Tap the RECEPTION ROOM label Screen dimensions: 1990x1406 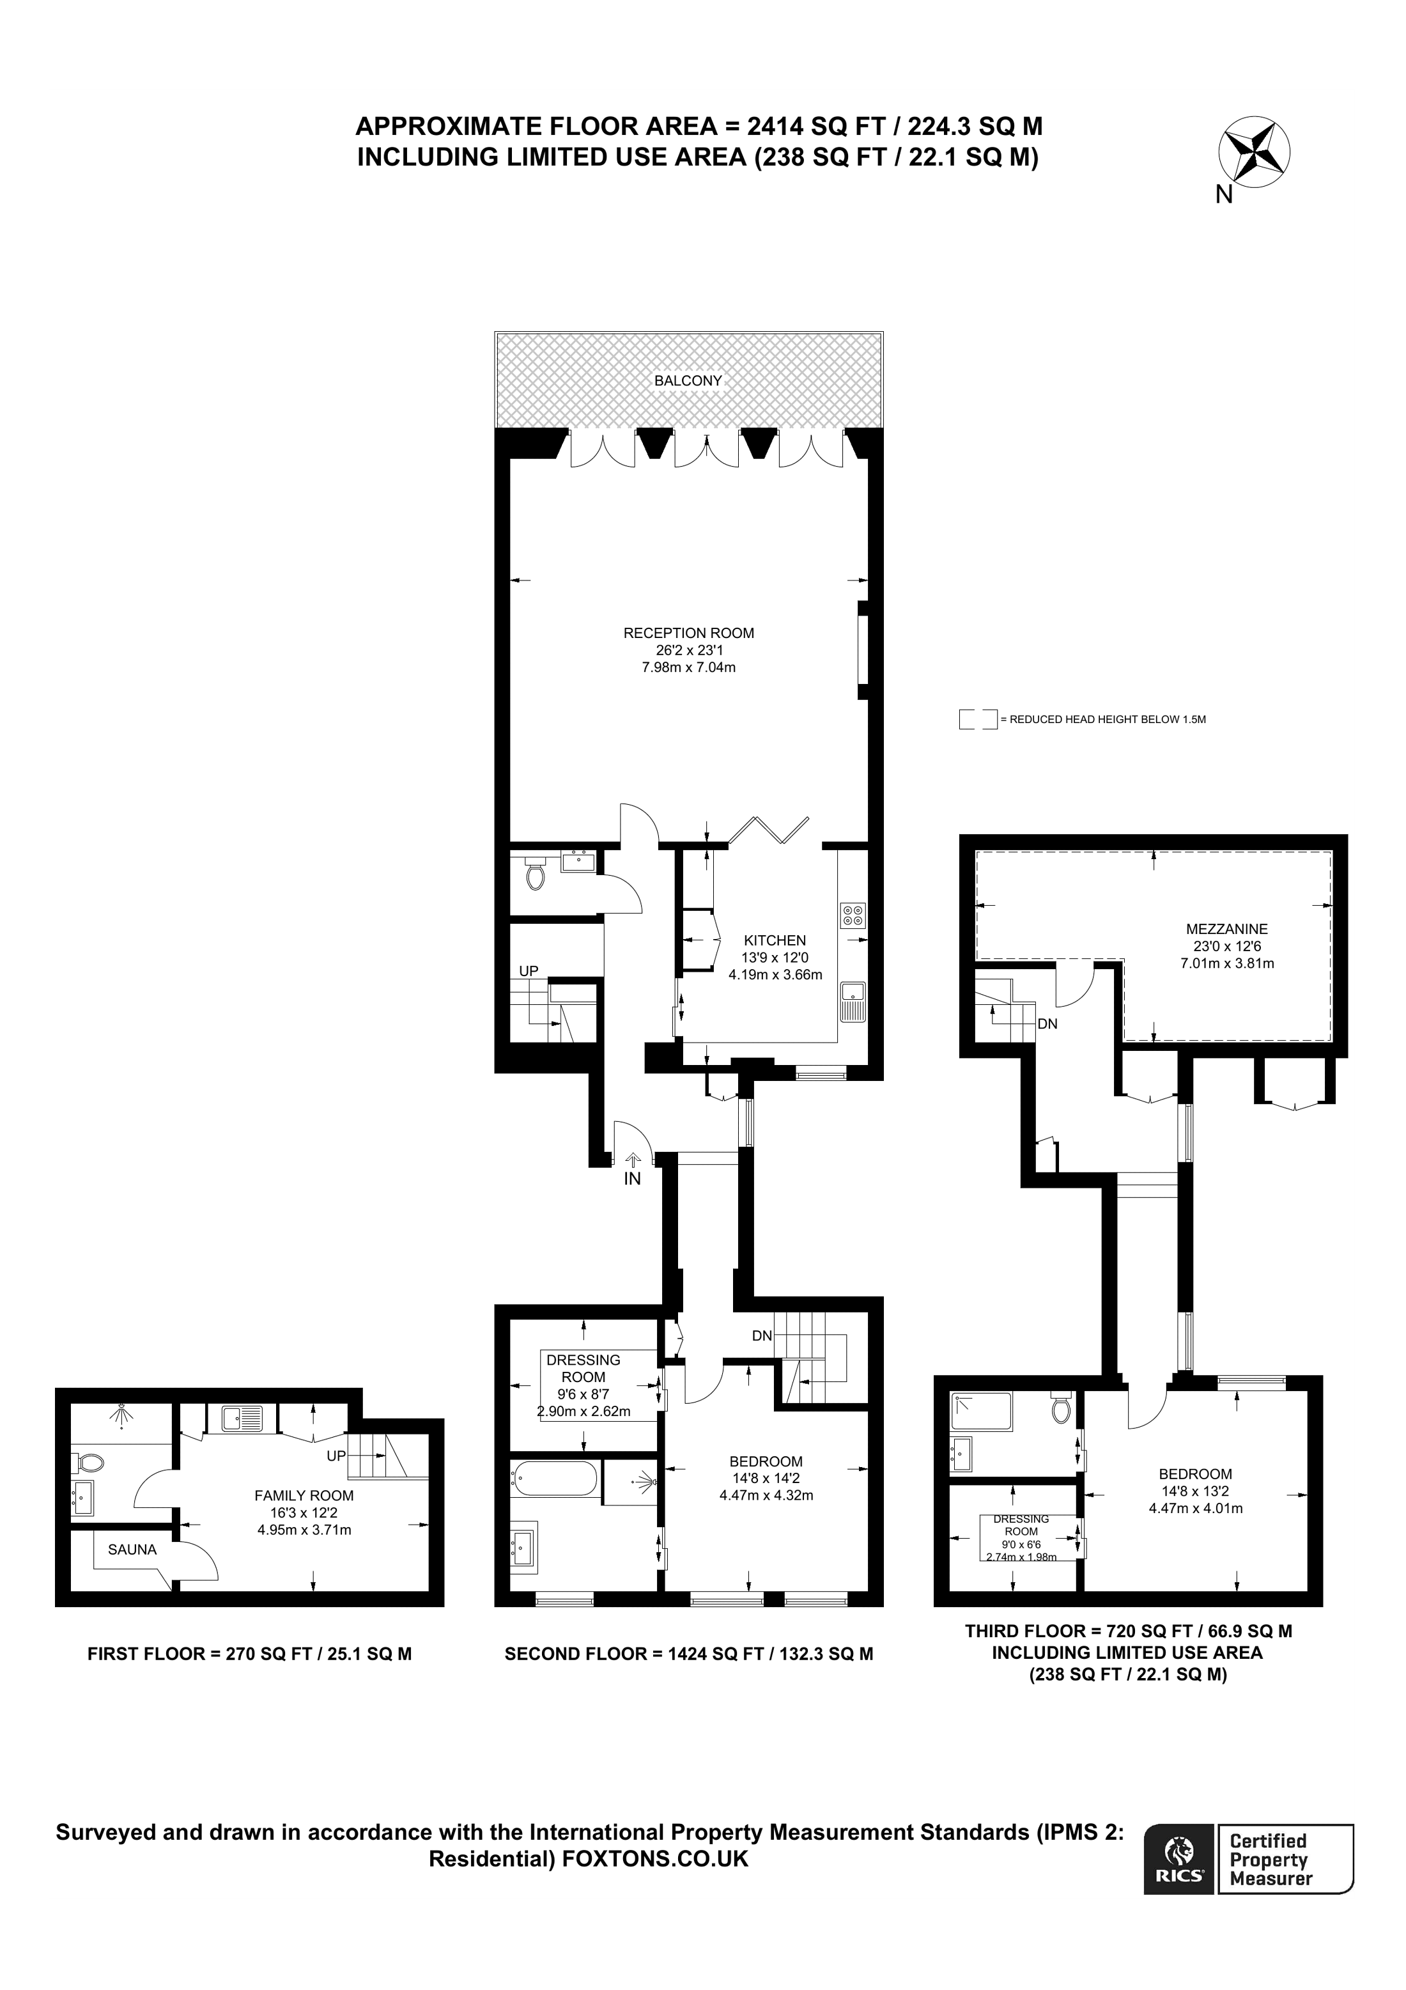coord(689,633)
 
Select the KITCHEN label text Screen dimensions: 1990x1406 coord(775,940)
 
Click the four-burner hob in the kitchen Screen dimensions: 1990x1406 coord(853,916)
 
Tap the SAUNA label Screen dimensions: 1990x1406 coord(132,1550)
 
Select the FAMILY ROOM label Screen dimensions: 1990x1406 coord(304,1495)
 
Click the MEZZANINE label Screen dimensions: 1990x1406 coord(1226,928)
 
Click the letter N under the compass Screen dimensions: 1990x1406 coord(1223,196)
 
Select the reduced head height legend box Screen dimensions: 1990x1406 coord(977,719)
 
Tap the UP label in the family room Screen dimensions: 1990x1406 coord(336,1456)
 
